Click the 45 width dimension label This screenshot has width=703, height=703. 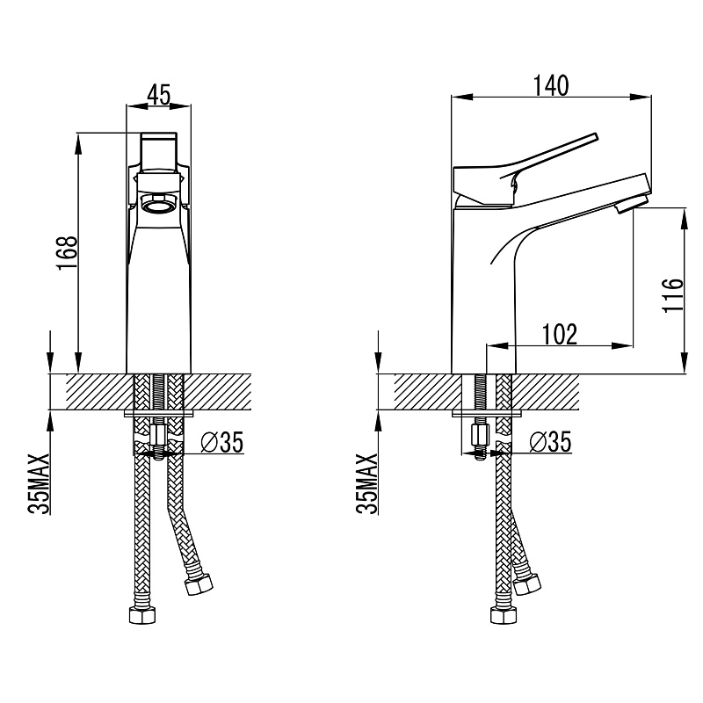click(159, 95)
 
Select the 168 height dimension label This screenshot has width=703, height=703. click(68, 253)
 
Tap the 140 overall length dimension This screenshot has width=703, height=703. click(551, 85)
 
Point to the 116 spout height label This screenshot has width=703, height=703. click(673, 295)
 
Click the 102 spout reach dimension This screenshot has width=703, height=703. click(560, 335)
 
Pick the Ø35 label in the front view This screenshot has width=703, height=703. click(222, 442)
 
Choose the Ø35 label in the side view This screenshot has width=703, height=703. click(550, 442)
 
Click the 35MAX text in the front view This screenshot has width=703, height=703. click(38, 483)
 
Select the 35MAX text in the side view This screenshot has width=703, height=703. click(366, 483)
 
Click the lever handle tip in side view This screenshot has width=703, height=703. click(595, 137)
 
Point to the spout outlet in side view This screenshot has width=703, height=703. click(630, 204)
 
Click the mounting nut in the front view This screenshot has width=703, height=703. click(159, 433)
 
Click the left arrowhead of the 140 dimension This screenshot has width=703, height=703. click(462, 97)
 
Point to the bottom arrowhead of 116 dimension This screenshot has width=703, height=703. click(685, 362)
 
